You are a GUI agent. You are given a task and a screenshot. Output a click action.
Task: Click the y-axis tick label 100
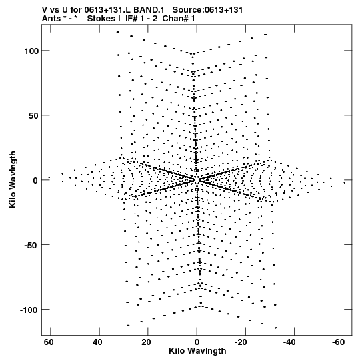pyautogui.click(x=31, y=51)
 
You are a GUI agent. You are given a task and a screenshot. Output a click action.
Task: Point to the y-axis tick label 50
pyautogui.click(x=33, y=115)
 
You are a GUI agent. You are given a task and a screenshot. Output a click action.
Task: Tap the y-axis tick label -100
pyautogui.click(x=29, y=310)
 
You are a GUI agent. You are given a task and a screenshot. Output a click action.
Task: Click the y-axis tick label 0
pyautogui.click(x=35, y=180)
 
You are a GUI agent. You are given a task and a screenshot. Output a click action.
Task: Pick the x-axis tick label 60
pyautogui.click(x=49, y=342)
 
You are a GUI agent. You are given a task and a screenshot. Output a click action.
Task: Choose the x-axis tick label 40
pyautogui.click(x=97, y=342)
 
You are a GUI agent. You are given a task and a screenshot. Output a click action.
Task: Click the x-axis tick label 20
pyautogui.click(x=146, y=342)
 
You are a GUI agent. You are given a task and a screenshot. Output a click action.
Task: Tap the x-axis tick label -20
pyautogui.click(x=241, y=342)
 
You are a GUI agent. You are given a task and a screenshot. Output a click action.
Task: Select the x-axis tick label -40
pyautogui.click(x=290, y=342)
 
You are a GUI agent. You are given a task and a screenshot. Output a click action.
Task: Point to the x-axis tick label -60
pyautogui.click(x=339, y=342)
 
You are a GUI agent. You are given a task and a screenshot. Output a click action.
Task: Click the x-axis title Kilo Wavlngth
pyautogui.click(x=197, y=351)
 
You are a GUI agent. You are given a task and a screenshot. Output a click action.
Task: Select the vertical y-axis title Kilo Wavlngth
pyautogui.click(x=13, y=179)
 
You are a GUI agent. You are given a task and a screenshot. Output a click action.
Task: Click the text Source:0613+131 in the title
pyautogui.click(x=207, y=10)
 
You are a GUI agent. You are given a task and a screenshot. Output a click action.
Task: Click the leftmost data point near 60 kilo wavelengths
pyautogui.click(x=49, y=177)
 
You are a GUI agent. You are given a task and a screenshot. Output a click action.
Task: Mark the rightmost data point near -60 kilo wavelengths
pyautogui.click(x=345, y=183)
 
